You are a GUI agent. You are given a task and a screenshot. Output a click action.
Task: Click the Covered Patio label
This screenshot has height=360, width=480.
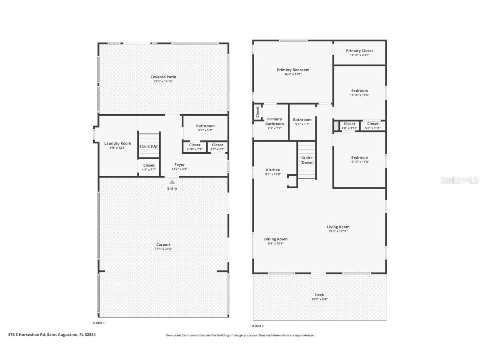pyautogui.click(x=163, y=77)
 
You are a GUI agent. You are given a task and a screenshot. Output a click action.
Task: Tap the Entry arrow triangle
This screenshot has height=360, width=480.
pyautogui.click(x=172, y=182)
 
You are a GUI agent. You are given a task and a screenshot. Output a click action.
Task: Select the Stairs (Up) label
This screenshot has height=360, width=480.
pyautogui.click(x=149, y=146)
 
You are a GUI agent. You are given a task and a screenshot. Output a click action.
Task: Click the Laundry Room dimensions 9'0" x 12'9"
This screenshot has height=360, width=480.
pyautogui.click(x=117, y=148)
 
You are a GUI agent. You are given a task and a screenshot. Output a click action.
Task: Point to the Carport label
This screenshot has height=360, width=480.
pyautogui.click(x=163, y=245)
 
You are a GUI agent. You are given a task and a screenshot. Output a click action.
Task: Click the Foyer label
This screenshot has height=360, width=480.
pyautogui.click(x=180, y=165)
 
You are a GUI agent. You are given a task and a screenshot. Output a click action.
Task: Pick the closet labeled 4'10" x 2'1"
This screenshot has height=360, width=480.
pyautogui.click(x=195, y=147)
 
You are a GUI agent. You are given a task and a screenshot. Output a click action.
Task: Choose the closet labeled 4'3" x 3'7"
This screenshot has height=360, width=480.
pyautogui.click(x=149, y=167)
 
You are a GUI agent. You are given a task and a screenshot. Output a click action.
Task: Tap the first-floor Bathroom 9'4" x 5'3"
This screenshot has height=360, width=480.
pyautogui.click(x=205, y=128)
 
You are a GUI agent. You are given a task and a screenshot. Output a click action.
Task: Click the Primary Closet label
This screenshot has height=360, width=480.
pyautogui.click(x=360, y=51)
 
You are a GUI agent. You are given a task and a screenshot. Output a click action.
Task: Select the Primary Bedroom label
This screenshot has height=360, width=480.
pyautogui.click(x=293, y=70)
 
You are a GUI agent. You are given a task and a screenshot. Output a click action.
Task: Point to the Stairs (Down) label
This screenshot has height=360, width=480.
pyautogui.click(x=307, y=160)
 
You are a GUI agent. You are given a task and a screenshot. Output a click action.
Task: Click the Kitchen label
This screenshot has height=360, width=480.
pyautogui.click(x=273, y=170)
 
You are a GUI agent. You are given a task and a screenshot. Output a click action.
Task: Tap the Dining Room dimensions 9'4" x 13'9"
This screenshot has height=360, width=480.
pyautogui.click(x=276, y=244)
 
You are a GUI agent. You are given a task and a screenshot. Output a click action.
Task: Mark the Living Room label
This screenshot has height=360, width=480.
pyautogui.click(x=338, y=227)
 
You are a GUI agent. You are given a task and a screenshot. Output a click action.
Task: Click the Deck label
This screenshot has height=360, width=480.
pyautogui.click(x=319, y=295)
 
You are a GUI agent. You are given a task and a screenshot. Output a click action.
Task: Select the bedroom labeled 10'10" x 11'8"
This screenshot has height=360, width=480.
pyautogui.click(x=359, y=160)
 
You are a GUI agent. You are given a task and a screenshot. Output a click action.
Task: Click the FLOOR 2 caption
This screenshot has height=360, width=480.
pyautogui.click(x=257, y=326)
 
